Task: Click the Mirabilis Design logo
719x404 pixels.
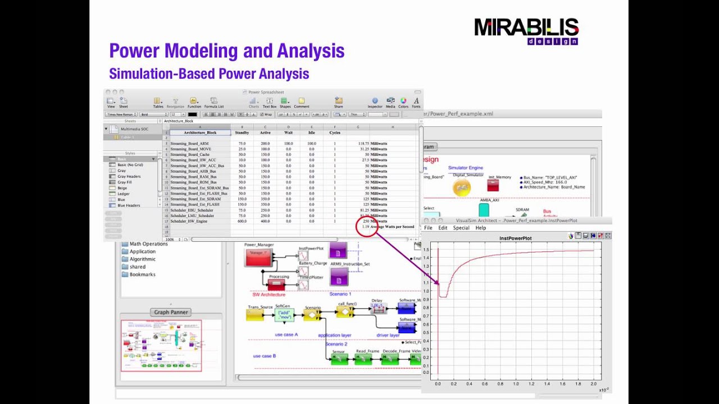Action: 526,31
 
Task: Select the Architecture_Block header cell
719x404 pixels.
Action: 200,132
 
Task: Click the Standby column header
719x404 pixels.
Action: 242,132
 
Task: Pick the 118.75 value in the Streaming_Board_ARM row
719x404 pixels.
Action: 363,144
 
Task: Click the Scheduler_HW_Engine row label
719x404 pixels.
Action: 189,221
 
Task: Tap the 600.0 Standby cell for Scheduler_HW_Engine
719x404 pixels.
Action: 242,221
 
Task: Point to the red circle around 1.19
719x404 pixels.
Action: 366,226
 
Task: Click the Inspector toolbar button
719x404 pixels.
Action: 375,102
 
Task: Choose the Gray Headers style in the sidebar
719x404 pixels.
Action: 129,176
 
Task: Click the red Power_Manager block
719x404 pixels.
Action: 258,258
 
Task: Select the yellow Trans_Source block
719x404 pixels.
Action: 255,315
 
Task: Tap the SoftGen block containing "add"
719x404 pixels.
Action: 284,315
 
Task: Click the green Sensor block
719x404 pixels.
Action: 339,359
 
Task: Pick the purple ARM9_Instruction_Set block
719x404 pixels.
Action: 338,277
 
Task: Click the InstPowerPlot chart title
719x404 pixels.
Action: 515,238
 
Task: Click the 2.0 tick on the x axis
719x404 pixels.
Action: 594,384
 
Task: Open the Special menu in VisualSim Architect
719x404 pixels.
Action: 461,228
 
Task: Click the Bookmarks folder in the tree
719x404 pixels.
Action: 142,274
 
